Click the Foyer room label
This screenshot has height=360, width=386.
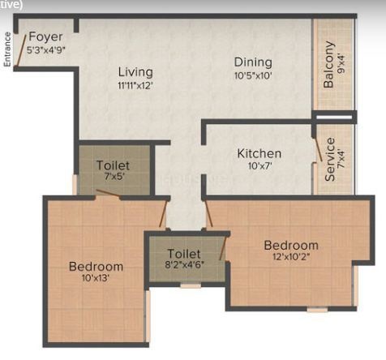point(45,36)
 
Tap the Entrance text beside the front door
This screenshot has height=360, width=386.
point(7,49)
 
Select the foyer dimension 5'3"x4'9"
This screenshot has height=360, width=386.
point(46,50)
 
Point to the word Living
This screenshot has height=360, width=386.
point(135,72)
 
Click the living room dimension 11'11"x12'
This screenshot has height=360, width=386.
point(135,86)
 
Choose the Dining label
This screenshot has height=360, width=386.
point(253,62)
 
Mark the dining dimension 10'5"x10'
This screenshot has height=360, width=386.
point(253,75)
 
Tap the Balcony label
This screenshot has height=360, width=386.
point(329,64)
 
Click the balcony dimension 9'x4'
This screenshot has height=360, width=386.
point(341,64)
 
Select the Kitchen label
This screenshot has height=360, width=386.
point(259,153)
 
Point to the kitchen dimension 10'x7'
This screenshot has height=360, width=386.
point(259,165)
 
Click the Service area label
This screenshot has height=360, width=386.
point(330,160)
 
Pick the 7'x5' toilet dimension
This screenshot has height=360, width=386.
point(114,177)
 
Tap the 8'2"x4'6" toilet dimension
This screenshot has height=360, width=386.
point(184,264)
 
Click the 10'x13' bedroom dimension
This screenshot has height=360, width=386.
point(96,278)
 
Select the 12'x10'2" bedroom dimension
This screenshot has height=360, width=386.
point(291,256)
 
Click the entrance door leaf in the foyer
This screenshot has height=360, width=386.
point(21,50)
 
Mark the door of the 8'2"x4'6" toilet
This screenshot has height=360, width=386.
point(222,248)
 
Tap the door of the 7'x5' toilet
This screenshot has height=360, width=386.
point(108,193)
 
